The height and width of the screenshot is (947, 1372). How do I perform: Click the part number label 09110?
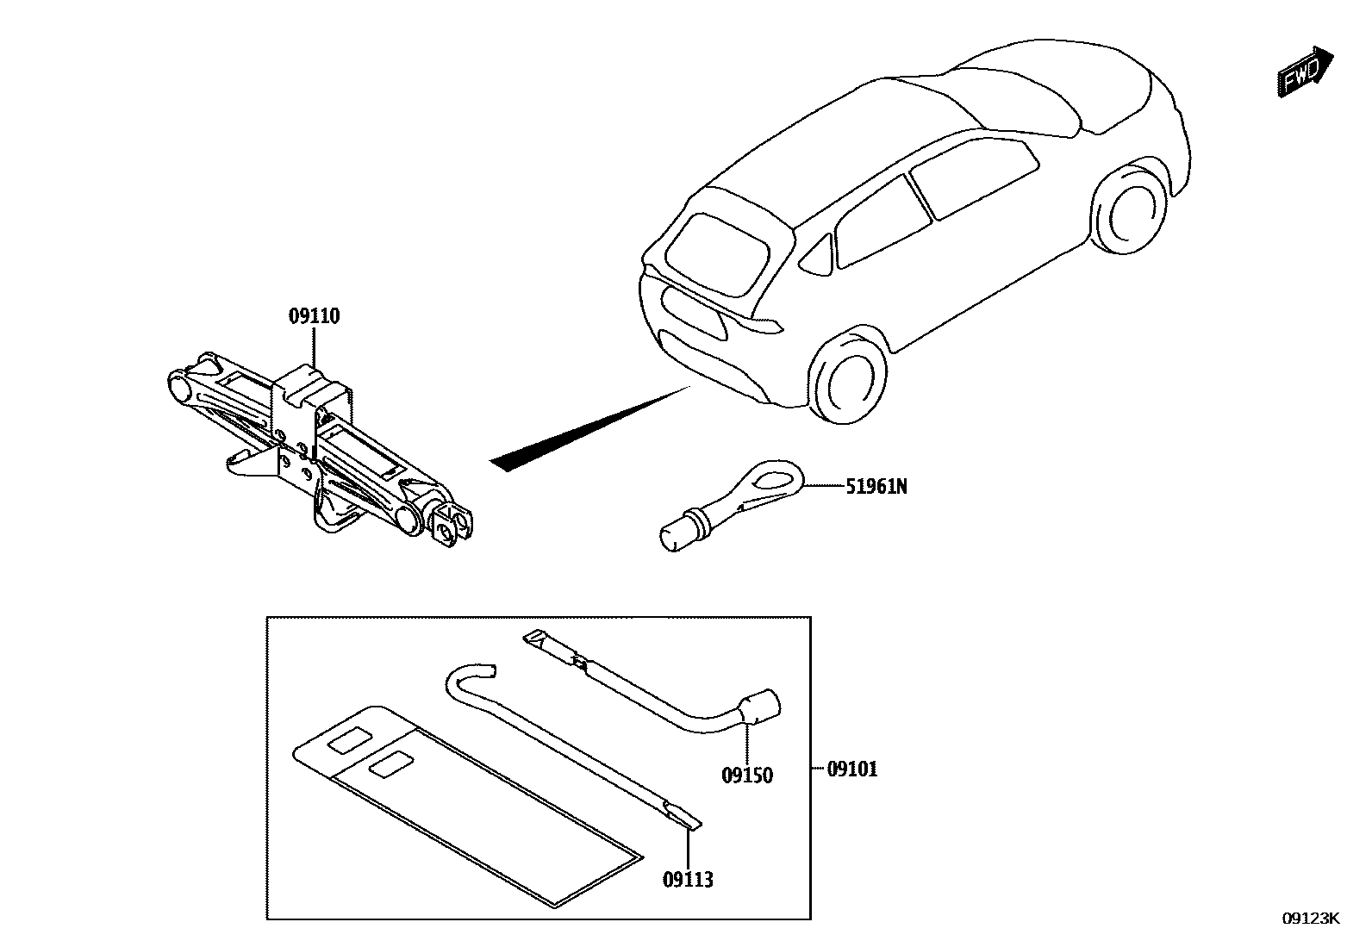click(x=314, y=317)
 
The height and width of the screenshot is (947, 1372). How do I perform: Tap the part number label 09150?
click(x=747, y=776)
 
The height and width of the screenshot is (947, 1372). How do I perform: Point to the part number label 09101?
click(x=852, y=769)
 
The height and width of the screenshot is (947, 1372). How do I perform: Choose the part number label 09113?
click(x=688, y=880)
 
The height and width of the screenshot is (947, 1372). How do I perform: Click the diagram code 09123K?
click(x=1310, y=919)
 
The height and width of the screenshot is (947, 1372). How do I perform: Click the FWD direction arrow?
click(x=1304, y=72)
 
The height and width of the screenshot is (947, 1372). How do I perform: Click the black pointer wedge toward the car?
click(x=586, y=430)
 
